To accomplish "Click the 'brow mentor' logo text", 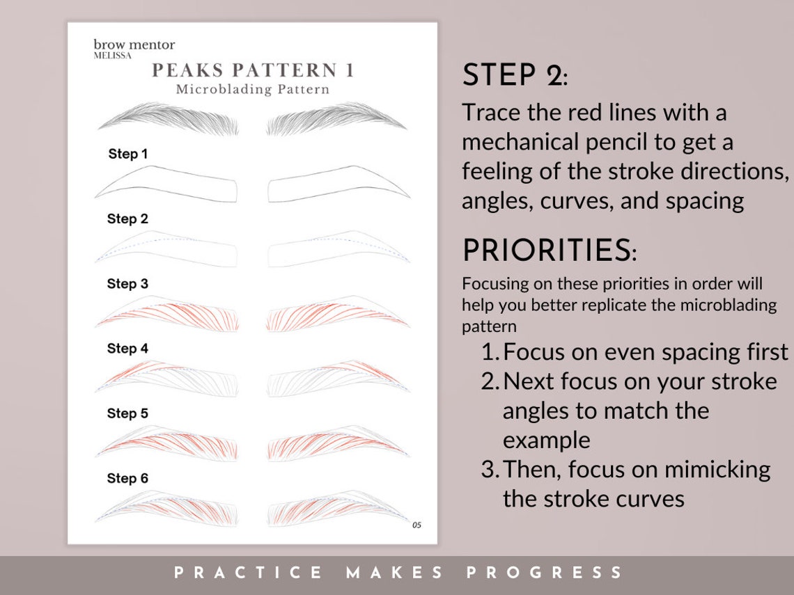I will coord(134,45).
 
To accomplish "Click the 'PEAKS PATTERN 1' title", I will coord(253,70).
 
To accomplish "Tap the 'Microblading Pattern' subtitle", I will coord(252,90).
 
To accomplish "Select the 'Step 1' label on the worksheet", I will coord(128,154).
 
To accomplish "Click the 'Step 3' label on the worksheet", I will coord(127,284).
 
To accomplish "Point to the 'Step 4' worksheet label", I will coord(127,349).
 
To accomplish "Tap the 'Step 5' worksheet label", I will coord(127,413).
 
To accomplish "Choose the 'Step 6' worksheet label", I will coord(127,478).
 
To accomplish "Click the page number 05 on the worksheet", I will coord(417,525).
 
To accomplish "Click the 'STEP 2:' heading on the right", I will coord(515,75).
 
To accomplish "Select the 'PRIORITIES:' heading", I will coord(549,251).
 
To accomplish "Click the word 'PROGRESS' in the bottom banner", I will coord(545,573).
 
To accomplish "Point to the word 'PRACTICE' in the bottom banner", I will coord(248,573).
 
